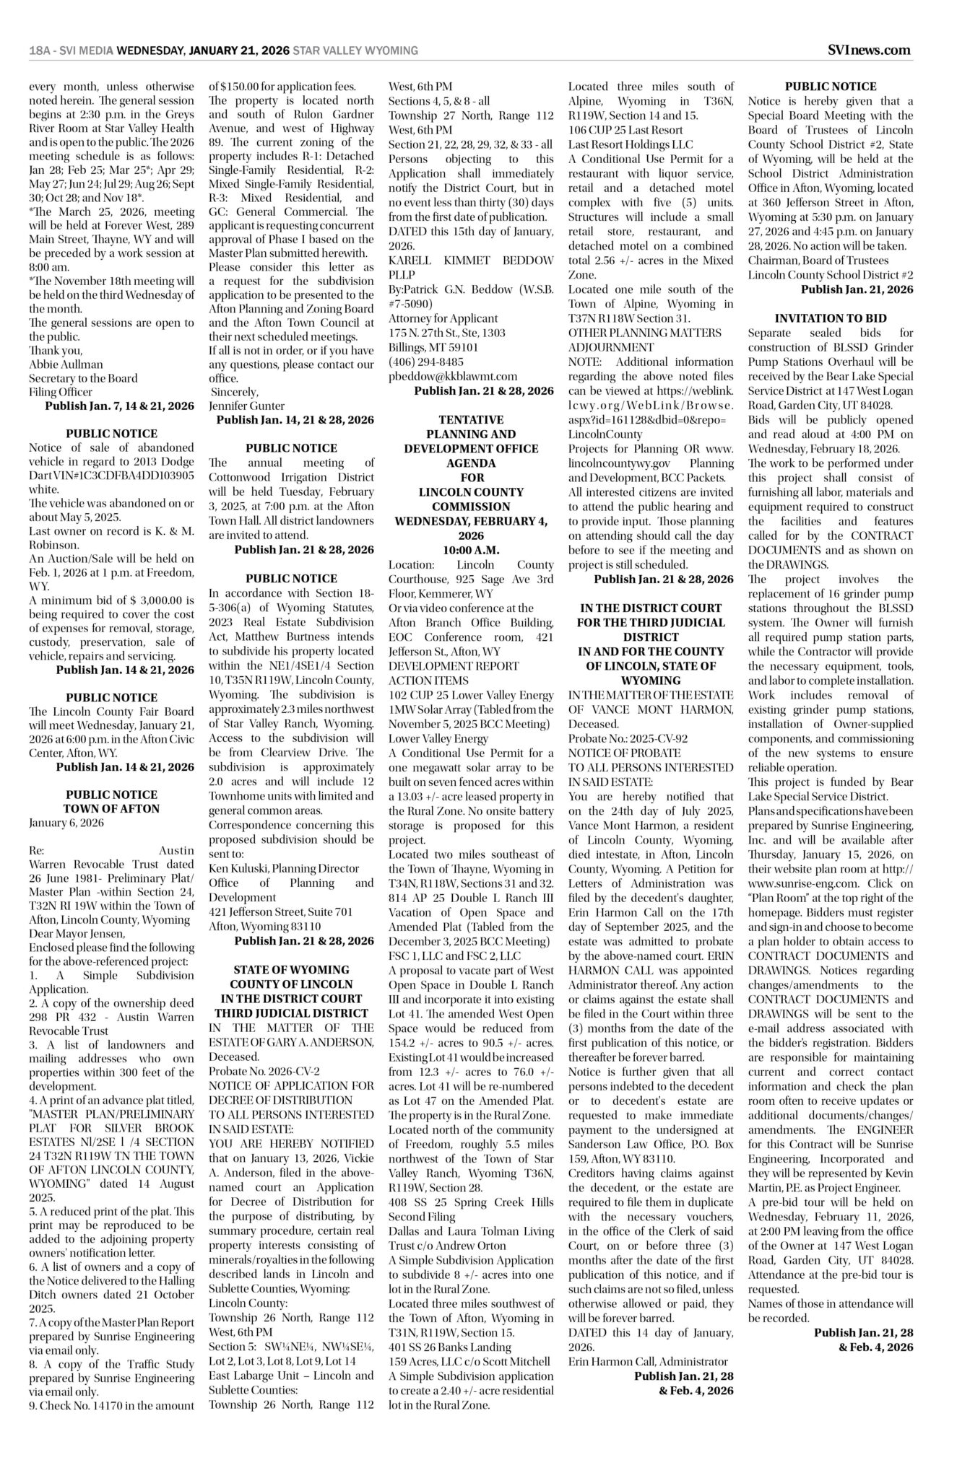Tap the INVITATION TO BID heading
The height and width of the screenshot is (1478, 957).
click(831, 318)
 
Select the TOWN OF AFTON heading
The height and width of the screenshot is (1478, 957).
click(111, 808)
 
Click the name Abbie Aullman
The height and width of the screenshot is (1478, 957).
click(66, 364)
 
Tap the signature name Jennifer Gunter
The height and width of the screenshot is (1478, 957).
click(247, 406)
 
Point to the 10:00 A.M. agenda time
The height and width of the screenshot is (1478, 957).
click(471, 550)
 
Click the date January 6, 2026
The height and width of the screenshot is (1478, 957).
click(66, 823)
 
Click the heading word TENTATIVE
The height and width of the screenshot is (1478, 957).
click(471, 419)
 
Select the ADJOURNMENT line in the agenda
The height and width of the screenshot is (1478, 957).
click(610, 347)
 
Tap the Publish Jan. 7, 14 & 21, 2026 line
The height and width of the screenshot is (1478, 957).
click(119, 406)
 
